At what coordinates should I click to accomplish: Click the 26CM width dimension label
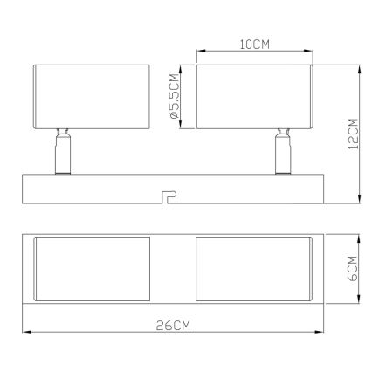coord(175,326)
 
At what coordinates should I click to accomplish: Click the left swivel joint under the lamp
coord(63,149)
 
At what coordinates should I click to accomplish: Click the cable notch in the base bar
coord(169,196)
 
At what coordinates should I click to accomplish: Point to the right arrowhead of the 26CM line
coord(323,334)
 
